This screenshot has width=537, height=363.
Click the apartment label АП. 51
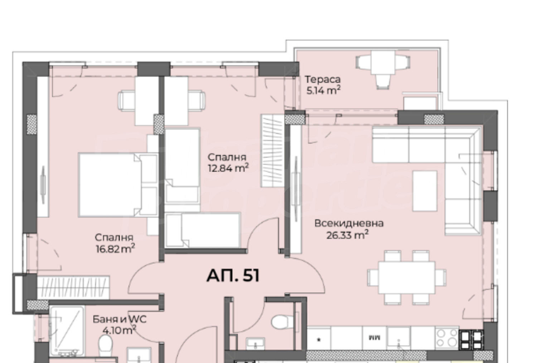(x=233, y=276)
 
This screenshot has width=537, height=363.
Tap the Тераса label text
(x=323, y=80)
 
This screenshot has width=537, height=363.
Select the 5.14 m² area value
(x=323, y=91)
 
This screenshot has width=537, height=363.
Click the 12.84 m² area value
(x=228, y=168)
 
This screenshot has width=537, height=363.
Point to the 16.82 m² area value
(x=115, y=249)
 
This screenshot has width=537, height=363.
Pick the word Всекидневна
(x=349, y=223)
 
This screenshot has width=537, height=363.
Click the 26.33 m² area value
(x=347, y=235)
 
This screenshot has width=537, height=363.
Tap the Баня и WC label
(x=119, y=319)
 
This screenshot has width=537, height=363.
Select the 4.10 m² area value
(x=119, y=331)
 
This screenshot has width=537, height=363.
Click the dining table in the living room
(x=407, y=278)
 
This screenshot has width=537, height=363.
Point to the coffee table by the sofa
(x=425, y=191)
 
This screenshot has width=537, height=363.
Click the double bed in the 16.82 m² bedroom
(x=118, y=185)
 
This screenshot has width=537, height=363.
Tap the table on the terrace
(x=383, y=62)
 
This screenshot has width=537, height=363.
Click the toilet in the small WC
(x=282, y=322)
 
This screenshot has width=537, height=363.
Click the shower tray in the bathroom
(x=67, y=331)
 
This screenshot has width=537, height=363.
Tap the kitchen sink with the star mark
(x=319, y=339)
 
